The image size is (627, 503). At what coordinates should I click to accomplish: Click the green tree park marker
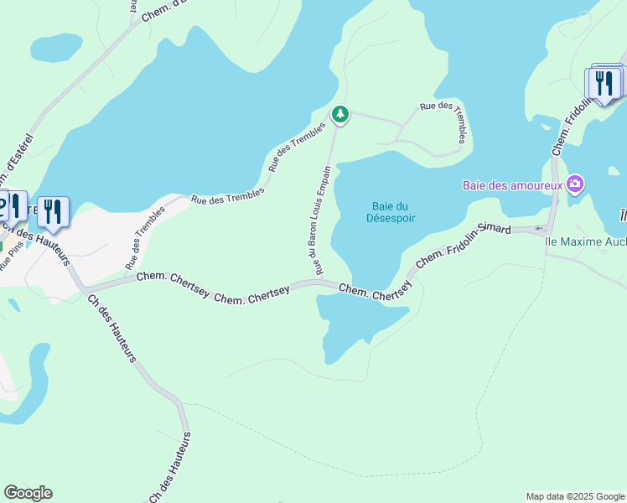click(x=339, y=114)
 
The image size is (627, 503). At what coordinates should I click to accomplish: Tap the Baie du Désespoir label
click(x=391, y=212)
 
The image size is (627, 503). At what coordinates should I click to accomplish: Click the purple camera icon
click(x=575, y=184)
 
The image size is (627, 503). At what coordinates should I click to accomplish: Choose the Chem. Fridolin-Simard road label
click(x=464, y=246)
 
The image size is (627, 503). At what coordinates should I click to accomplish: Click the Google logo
click(x=28, y=493)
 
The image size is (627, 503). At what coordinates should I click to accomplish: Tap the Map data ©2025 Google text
click(x=574, y=496)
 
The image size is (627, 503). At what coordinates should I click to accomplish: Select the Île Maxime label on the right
click(x=585, y=242)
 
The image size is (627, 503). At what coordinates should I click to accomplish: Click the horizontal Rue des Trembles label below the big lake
click(x=227, y=196)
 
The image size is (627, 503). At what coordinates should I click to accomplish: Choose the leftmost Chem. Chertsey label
click(x=171, y=276)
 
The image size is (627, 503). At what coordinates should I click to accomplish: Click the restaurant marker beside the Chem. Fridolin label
click(x=604, y=84)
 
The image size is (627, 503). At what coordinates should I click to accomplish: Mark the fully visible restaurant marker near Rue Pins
click(x=53, y=211)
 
